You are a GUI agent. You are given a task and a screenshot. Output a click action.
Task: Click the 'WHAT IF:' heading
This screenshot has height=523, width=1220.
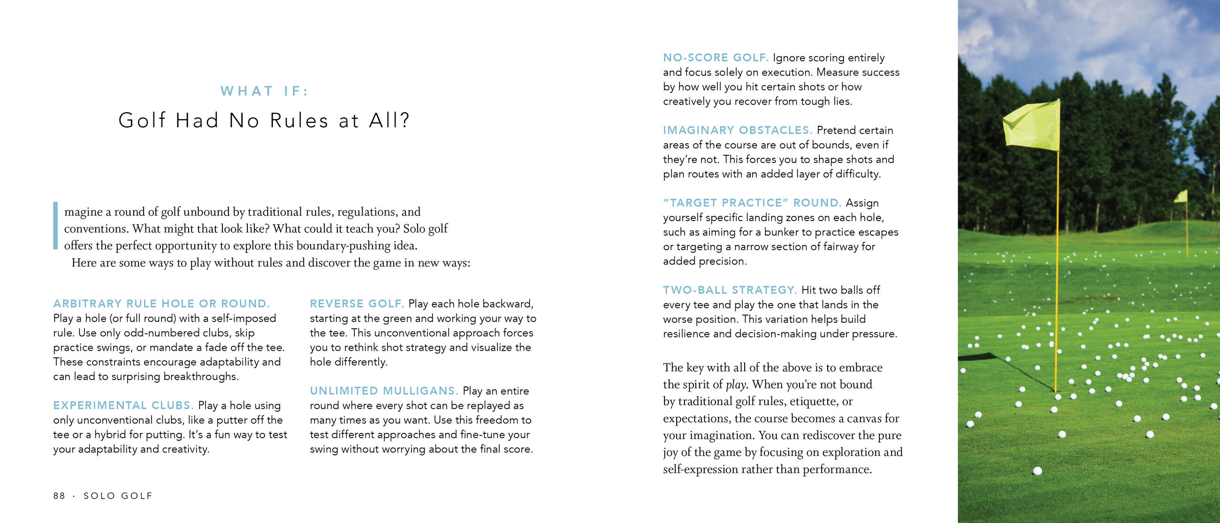pos(264,91)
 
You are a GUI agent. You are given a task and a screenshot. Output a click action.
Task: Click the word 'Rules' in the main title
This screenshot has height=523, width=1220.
pos(299,120)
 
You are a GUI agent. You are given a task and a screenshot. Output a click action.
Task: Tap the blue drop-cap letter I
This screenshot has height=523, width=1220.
pos(55,225)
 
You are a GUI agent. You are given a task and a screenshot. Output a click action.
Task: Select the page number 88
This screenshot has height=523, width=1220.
pos(59,495)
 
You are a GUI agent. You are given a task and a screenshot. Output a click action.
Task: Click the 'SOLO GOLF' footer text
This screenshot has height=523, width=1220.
pos(118,495)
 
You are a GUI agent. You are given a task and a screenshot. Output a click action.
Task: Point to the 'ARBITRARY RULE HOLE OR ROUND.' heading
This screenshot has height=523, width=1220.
pos(161,304)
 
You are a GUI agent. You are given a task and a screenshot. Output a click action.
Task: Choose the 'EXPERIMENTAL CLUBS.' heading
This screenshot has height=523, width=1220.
pos(123,406)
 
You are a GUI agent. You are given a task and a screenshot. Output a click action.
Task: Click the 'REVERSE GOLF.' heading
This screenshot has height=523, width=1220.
pos(357,304)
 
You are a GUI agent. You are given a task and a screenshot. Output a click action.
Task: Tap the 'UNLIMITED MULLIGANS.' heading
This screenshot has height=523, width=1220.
pos(384,391)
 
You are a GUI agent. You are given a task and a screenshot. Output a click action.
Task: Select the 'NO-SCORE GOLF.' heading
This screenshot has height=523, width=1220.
pos(715,58)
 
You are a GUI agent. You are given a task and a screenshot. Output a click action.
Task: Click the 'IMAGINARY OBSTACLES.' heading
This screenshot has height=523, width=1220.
pos(738,130)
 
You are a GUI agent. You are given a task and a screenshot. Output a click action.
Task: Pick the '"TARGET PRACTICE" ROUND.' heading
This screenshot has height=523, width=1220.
pos(752,203)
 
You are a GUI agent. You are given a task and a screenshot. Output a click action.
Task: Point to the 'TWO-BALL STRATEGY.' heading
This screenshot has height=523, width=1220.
pos(730,290)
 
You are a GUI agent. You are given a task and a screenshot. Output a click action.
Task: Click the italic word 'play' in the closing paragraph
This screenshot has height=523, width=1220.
pos(735,385)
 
